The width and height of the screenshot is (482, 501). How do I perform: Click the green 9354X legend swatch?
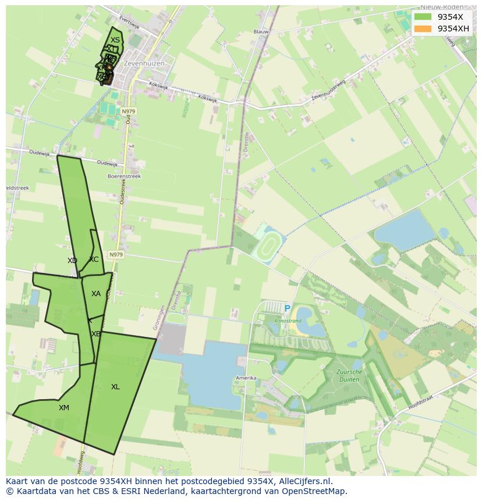(x=423, y=17)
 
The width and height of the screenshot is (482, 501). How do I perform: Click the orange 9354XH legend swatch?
(x=423, y=29)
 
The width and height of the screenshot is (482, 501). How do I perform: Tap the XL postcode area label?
(x=115, y=387)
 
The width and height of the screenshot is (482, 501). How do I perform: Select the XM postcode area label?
(x=64, y=408)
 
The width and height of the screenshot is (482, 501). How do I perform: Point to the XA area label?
(x=96, y=294)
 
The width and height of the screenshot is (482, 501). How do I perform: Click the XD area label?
(x=72, y=261)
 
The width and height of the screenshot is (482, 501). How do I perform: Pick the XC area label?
(x=94, y=260)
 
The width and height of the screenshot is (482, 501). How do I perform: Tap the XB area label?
(x=96, y=334)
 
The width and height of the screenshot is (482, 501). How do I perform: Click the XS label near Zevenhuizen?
(x=115, y=40)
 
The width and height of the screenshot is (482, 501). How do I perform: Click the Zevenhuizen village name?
(x=144, y=63)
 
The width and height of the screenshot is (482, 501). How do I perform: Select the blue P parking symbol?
(x=287, y=309)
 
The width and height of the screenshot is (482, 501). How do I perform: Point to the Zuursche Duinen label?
(x=349, y=375)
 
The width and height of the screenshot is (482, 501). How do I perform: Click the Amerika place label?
(x=246, y=378)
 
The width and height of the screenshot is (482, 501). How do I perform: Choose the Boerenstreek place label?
(x=124, y=176)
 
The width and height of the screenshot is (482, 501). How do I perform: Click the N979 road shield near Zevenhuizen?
(x=128, y=111)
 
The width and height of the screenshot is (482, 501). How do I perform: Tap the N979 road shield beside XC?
(x=116, y=255)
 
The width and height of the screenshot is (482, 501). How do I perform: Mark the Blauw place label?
(x=261, y=32)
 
